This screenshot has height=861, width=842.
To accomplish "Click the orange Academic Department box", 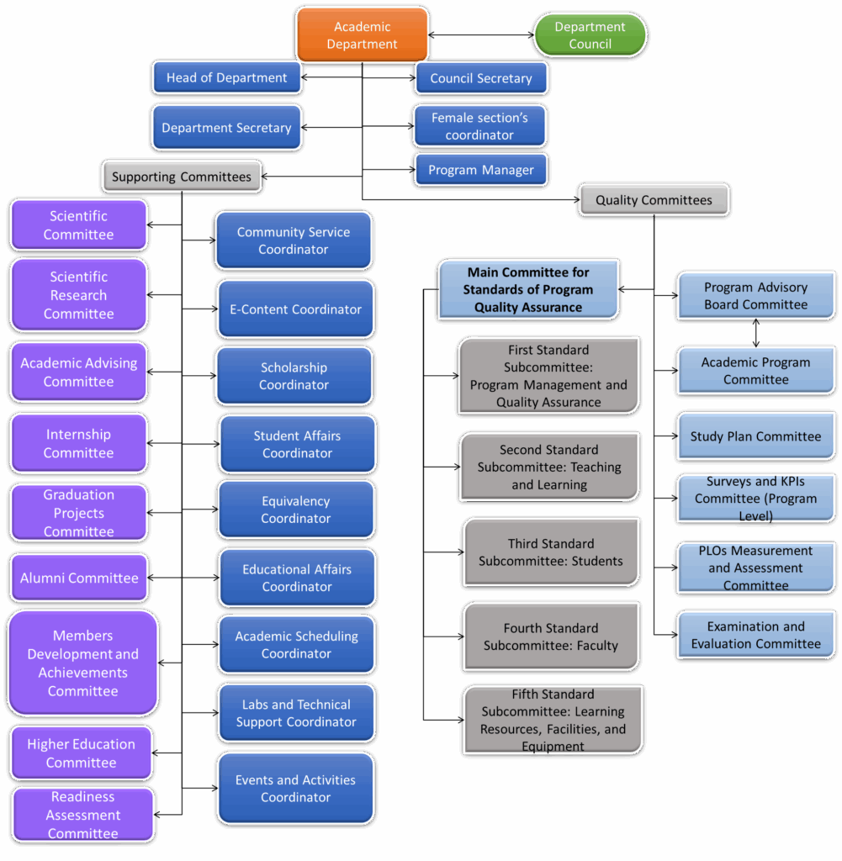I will tap(362, 35).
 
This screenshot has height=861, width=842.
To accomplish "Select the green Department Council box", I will tap(590, 35).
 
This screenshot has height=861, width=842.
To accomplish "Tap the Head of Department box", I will tap(226, 77).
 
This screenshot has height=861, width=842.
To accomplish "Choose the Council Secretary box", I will tap(480, 78).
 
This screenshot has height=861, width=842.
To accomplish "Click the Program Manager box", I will tap(480, 170).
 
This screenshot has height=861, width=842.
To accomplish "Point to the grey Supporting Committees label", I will tap(181, 177).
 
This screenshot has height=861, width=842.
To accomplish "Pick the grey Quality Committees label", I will tap(654, 200).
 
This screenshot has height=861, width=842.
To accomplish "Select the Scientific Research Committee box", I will tap(78, 295).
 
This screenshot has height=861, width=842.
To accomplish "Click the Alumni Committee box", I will tap(79, 578).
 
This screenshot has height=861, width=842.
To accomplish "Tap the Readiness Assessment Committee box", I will tap(82, 815).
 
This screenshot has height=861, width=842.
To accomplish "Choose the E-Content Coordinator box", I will tap(295, 309).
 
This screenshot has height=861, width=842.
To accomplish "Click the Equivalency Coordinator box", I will tap(295, 510).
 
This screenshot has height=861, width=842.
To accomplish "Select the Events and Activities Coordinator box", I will tap(295, 789).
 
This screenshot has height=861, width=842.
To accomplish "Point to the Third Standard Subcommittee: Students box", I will tap(551, 552).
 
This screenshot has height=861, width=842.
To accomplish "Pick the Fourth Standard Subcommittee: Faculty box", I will tap(551, 637).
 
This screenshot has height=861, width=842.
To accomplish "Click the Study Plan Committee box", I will tap(755, 436).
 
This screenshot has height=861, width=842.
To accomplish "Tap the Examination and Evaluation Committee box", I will tap(755, 635).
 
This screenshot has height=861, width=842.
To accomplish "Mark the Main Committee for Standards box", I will tap(527, 289).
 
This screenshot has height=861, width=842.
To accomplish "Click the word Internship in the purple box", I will tap(78, 435).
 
